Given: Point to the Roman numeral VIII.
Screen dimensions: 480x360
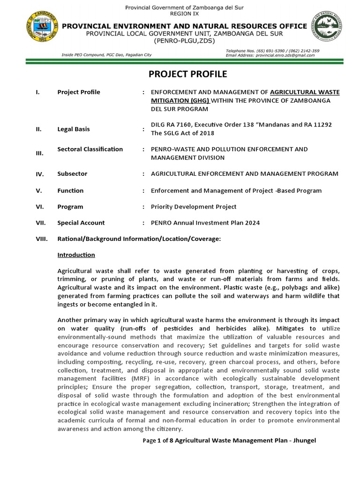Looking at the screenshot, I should [x=42, y=239].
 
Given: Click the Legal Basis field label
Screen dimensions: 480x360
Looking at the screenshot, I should [x=74, y=129].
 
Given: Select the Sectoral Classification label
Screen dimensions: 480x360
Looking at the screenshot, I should [x=90, y=149].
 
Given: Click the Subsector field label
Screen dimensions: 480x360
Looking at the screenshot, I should [x=72, y=173].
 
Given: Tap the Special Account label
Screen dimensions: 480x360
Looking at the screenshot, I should [x=81, y=223].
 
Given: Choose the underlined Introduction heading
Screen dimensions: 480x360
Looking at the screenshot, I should [x=76, y=255].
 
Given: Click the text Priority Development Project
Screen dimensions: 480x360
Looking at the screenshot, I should [x=194, y=207].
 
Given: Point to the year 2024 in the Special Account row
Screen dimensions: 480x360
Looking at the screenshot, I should [x=252, y=223].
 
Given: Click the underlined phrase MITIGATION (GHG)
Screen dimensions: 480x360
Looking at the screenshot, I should [x=180, y=100].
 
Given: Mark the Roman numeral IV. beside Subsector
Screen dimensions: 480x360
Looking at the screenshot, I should [x=40, y=174].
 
